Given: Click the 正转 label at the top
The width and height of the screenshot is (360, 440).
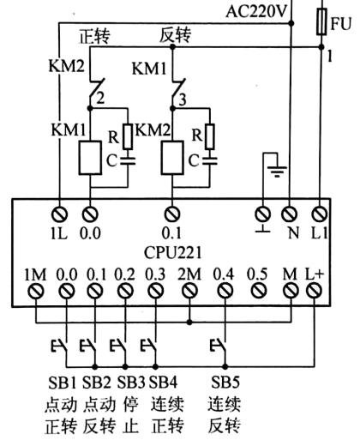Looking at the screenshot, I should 95,36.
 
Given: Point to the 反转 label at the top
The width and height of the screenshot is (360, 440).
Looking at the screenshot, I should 177,36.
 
